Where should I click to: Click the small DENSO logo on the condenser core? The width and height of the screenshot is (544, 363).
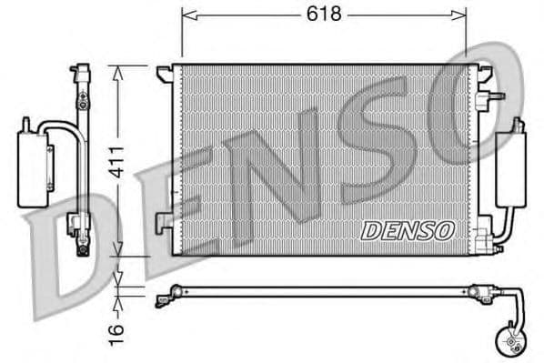pyautogui.click(x=408, y=231)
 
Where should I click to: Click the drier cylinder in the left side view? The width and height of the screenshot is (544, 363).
pyautogui.click(x=35, y=164)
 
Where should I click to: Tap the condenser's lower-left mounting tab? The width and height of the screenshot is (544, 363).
pyautogui.click(x=162, y=220)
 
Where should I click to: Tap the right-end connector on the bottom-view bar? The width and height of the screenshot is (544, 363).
pyautogui.click(x=476, y=292)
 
